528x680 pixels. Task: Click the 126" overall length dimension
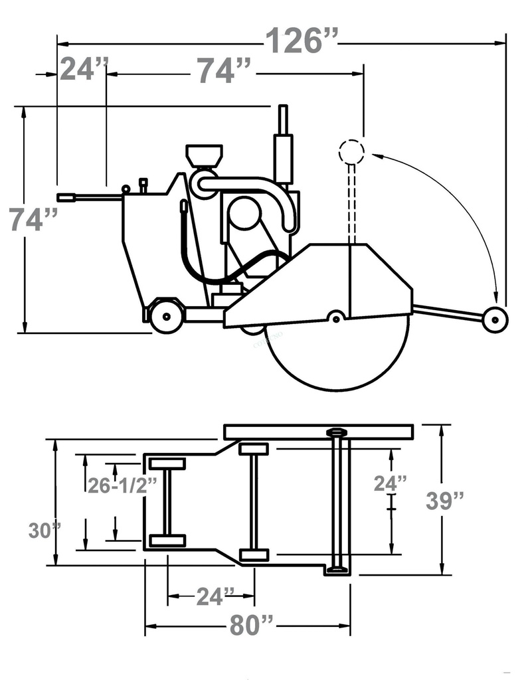tap(302, 41)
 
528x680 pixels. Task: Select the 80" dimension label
tap(252, 626)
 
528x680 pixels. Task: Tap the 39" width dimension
tap(446, 501)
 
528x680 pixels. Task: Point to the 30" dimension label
tap(44, 531)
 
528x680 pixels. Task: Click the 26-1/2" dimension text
tap(123, 485)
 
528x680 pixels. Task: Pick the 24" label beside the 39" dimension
tap(390, 483)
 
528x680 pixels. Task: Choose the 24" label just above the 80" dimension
tap(215, 596)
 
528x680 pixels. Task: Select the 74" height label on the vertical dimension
tap(33, 219)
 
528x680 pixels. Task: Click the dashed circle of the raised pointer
tap(351, 152)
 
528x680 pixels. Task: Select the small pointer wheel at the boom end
tap(495, 320)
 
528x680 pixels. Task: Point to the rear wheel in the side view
tap(166, 317)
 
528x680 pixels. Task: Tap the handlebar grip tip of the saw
tap(65, 197)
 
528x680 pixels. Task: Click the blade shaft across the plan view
tap(337, 501)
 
